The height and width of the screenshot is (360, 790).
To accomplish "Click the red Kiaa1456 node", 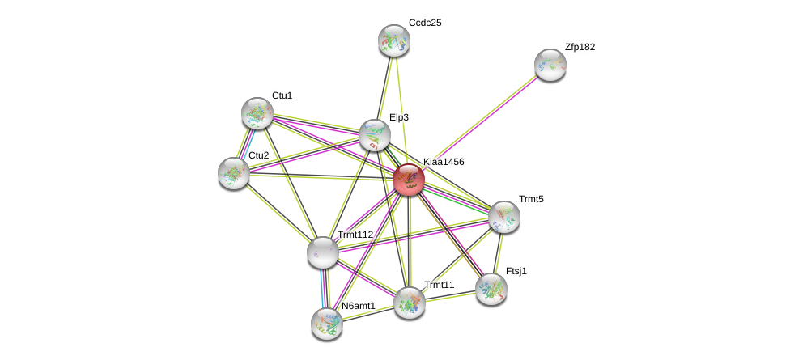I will [409, 180].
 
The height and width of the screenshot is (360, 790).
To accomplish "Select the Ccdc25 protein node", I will [394, 40].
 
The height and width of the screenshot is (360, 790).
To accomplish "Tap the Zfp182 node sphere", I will [550, 65].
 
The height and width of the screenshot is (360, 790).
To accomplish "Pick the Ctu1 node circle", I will [257, 113].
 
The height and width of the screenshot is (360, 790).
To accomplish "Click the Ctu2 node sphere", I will [234, 172].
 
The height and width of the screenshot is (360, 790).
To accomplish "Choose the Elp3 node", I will [375, 135].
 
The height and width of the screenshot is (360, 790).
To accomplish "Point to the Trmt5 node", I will [503, 216].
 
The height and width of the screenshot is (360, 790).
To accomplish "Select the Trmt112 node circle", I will [323, 252].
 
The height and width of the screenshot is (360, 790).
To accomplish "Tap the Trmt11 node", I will [410, 302].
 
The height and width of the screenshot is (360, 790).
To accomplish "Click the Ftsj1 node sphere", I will [491, 288].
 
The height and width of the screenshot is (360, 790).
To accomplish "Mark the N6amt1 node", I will [327, 323].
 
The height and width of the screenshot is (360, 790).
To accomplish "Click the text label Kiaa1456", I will [444, 162].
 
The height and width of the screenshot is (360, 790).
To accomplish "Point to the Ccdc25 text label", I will [425, 23].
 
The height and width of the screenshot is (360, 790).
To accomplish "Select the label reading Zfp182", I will [580, 47].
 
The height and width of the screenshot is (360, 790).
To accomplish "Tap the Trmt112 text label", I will [355, 235].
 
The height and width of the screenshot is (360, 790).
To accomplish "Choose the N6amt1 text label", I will [358, 306].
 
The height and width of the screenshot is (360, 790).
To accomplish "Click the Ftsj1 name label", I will [516, 271].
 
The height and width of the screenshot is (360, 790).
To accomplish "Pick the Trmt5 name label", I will [531, 199].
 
